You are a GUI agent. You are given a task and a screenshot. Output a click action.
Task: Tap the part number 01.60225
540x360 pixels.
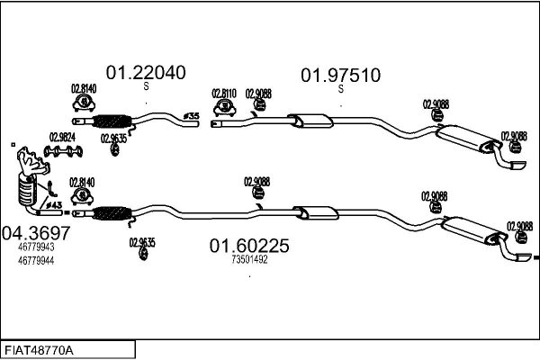[x=249, y=245]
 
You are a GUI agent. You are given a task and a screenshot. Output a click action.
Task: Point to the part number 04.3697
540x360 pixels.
[x=35, y=233]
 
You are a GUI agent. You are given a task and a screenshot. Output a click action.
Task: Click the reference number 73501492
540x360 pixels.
[x=249, y=259]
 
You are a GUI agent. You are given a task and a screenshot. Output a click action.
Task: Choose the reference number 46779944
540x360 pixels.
[x=36, y=260]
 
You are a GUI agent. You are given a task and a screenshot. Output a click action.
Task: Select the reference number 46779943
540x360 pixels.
[x=36, y=247]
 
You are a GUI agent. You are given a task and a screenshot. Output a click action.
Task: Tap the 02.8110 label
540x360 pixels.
[x=224, y=93]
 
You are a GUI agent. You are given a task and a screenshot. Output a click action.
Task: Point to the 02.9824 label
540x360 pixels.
[x=62, y=137]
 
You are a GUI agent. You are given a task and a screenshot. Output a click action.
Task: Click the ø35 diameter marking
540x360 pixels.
[x=190, y=116]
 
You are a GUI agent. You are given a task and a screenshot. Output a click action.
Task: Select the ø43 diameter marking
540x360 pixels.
[x=53, y=207]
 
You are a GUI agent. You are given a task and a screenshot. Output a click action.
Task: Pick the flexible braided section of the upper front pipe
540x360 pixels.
[x=112, y=121]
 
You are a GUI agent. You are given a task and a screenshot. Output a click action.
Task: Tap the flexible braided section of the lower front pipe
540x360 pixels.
[x=112, y=214]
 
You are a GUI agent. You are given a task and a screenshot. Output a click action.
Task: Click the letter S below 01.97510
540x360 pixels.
[x=340, y=88]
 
